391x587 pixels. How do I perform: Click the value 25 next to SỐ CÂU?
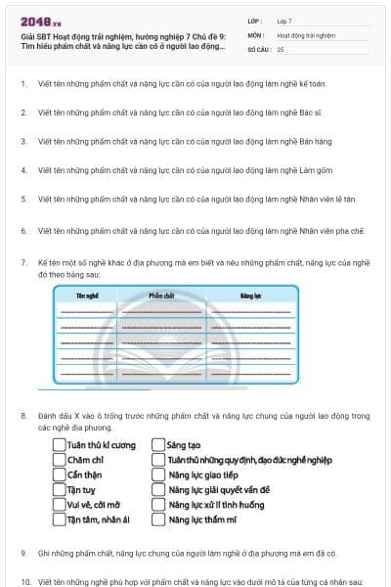pyautogui.click(x=281, y=49)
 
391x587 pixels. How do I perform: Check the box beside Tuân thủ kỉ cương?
pyautogui.click(x=59, y=445)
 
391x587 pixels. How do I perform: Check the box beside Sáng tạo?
pyautogui.click(x=158, y=445)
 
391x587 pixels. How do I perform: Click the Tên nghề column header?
pyautogui.click(x=87, y=294)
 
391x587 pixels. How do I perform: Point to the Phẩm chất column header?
pyautogui.click(x=161, y=294)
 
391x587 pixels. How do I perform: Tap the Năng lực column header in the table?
pyautogui.click(x=250, y=294)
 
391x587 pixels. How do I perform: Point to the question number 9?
pyautogui.click(x=23, y=553)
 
